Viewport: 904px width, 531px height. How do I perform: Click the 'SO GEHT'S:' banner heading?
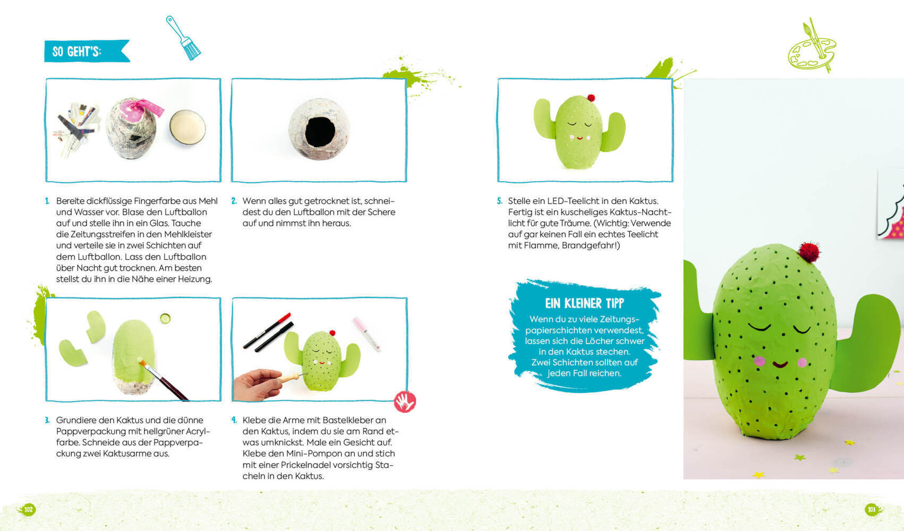[76, 52]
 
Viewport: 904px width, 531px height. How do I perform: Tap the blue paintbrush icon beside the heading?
[184, 38]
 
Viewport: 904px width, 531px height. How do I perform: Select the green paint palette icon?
[812, 46]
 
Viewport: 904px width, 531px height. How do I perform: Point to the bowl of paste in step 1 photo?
[187, 127]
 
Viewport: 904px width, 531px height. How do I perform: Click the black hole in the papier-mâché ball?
[320, 132]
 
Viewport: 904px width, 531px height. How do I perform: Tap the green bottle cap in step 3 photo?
[165, 319]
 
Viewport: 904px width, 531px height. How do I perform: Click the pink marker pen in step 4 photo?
[367, 334]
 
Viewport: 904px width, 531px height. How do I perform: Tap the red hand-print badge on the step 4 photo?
[405, 402]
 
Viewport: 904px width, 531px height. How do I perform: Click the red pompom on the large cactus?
[809, 252]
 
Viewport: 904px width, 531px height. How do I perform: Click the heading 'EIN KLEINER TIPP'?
[584, 303]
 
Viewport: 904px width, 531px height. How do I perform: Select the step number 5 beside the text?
[500, 201]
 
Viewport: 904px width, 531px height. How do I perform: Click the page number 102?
[28, 510]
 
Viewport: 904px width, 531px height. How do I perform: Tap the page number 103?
[872, 510]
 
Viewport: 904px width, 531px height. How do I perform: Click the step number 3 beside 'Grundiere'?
[47, 421]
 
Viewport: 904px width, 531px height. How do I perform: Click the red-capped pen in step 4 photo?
[267, 330]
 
